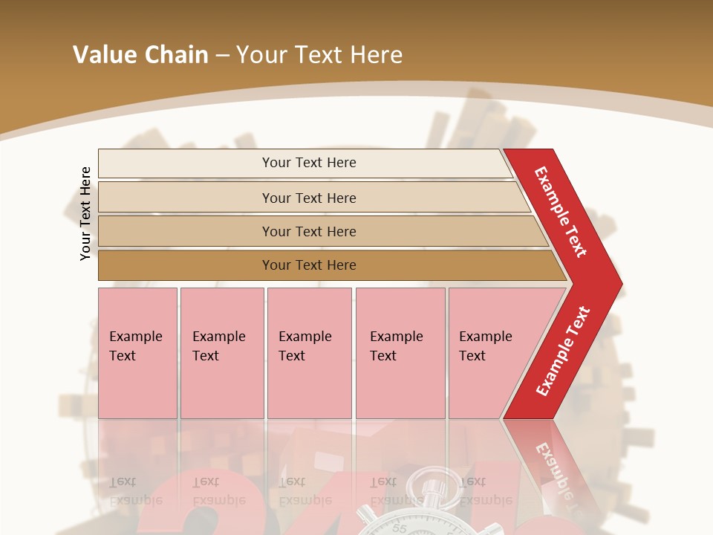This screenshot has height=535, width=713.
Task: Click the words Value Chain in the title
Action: [140, 55]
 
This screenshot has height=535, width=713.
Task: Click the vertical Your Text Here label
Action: [85, 213]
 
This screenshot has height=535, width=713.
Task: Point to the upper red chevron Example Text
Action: [561, 211]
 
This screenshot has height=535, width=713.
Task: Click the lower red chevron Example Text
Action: [562, 351]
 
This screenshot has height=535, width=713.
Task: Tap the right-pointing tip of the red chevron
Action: [617, 284]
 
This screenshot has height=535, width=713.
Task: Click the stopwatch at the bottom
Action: [405, 513]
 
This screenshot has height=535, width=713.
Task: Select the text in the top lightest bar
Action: [309, 163]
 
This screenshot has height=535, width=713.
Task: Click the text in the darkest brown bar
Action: [309, 265]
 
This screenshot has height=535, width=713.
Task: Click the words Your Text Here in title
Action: [319, 55]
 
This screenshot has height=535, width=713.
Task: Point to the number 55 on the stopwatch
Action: [400, 529]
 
